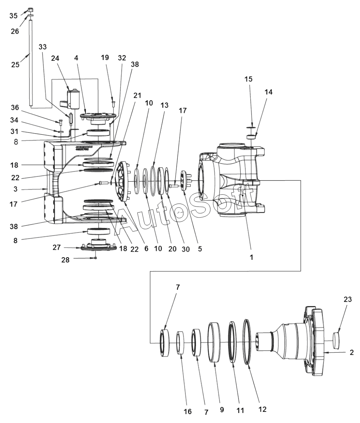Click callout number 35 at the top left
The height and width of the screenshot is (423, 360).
13,16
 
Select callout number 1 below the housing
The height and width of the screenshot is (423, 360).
251,257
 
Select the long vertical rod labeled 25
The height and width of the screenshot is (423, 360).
31,63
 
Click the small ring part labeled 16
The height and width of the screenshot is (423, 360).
180,343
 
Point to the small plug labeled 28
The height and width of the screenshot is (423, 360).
96,258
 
